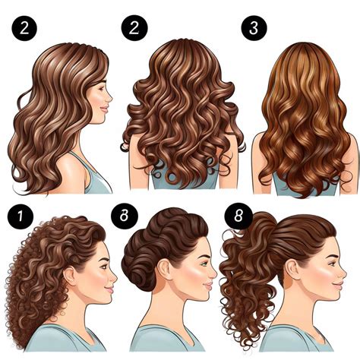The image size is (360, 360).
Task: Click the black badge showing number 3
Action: tap(254, 28)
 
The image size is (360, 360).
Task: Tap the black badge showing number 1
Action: tap(17, 216)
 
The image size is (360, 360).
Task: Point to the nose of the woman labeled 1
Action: tap(114, 273)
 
